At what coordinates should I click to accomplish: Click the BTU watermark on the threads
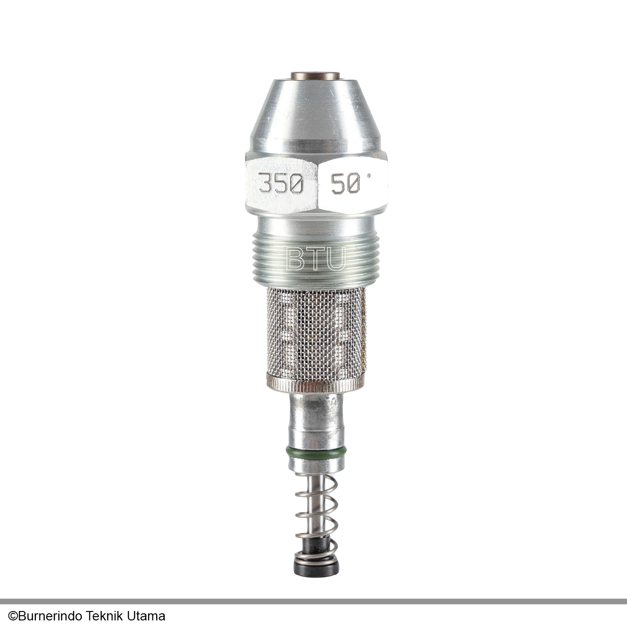pos(315,259)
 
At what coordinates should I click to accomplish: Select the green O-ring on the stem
pos(316,452)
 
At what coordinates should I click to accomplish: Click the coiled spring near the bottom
pos(316,511)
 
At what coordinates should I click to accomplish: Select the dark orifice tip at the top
pos(315,76)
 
